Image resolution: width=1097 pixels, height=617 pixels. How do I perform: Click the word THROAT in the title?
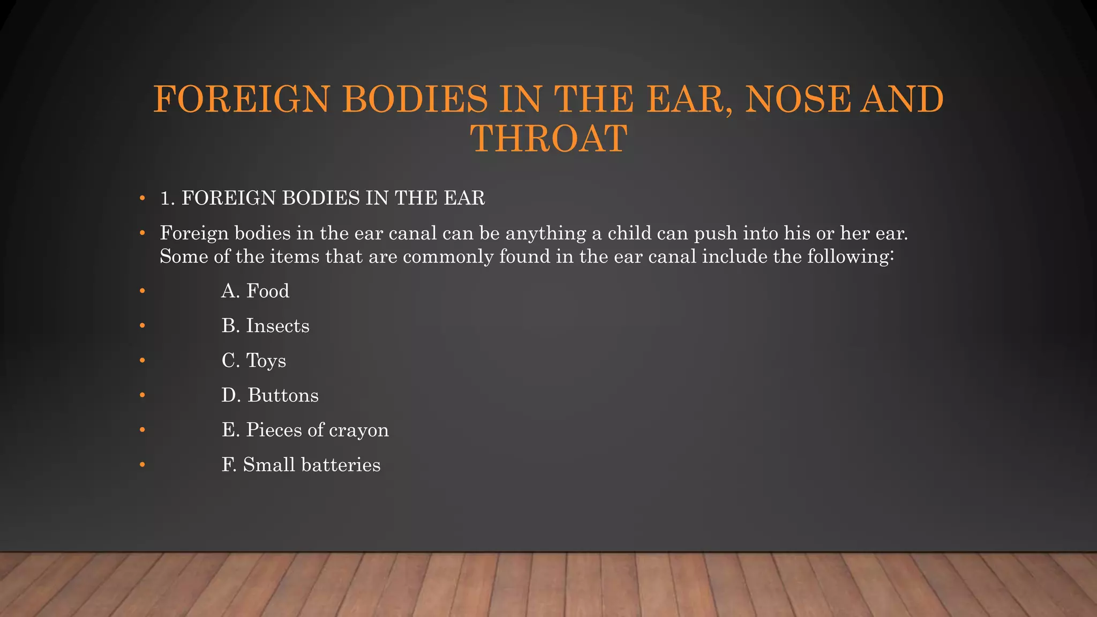click(548, 138)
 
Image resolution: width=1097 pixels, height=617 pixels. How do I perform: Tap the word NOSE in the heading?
click(798, 100)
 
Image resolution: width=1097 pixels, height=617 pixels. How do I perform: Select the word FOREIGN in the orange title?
click(241, 100)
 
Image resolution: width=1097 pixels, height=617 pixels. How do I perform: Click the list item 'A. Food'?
click(255, 291)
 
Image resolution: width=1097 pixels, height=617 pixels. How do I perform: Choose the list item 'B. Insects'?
click(265, 326)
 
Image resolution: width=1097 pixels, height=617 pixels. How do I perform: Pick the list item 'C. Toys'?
click(253, 360)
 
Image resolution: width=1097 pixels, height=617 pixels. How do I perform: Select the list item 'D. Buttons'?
click(270, 395)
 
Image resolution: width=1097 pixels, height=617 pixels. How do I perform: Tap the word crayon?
click(359, 430)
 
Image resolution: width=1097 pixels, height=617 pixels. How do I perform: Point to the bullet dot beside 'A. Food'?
click(142, 291)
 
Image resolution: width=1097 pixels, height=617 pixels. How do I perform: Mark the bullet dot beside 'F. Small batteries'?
click(142, 465)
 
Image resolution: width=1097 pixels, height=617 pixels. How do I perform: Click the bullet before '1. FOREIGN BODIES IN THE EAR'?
click(142, 199)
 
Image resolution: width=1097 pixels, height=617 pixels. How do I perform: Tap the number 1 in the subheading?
click(166, 198)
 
